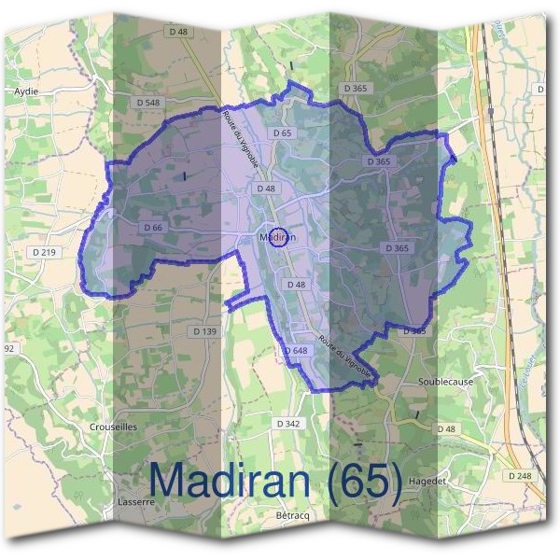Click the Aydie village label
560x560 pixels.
point(24,91)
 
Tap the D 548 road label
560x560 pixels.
point(148,102)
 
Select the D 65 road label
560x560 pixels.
point(283,133)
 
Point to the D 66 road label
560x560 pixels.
point(153,228)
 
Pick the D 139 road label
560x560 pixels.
point(204,331)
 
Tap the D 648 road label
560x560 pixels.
point(295,350)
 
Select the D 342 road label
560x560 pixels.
point(289,424)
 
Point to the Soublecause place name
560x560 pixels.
point(444,383)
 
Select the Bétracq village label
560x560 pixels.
point(292,515)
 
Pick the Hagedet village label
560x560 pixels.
point(455,480)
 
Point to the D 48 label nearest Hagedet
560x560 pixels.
point(448,429)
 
